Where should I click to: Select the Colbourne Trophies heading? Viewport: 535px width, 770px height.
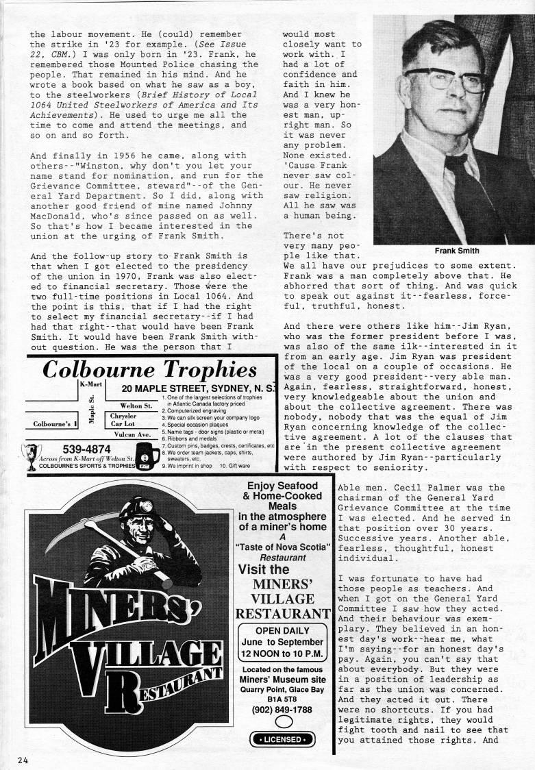point(149,370)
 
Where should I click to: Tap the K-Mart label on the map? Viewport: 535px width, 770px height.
point(92,386)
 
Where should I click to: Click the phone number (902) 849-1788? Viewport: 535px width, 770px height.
point(286,709)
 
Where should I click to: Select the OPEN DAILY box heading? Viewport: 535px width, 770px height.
point(282,631)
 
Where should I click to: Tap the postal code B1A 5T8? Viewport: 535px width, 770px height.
point(286,697)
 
